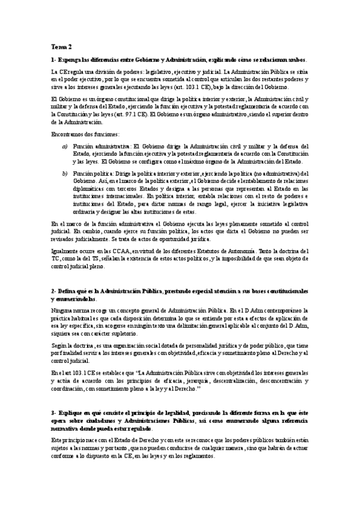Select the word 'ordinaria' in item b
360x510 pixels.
pos(84,212)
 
